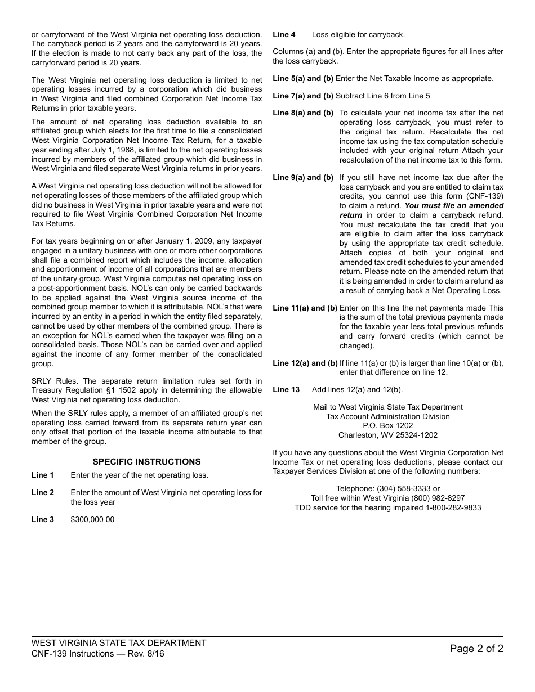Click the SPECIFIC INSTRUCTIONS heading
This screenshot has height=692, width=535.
(146, 462)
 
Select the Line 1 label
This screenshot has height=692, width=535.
(43, 475)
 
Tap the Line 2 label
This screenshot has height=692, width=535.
(43, 493)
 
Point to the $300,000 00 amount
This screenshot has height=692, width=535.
(92, 520)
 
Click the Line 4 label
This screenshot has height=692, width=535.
(284, 35)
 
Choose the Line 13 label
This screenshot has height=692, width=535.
(286, 390)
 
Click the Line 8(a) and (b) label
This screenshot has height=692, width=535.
(303, 113)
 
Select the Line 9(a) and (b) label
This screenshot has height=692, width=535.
(303, 178)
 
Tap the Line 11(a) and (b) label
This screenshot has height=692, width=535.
(305, 308)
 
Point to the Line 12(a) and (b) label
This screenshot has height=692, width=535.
(305, 363)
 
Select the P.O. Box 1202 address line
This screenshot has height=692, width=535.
(388, 426)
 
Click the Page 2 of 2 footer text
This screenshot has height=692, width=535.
(476, 649)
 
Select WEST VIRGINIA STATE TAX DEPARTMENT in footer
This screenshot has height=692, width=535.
(119, 643)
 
